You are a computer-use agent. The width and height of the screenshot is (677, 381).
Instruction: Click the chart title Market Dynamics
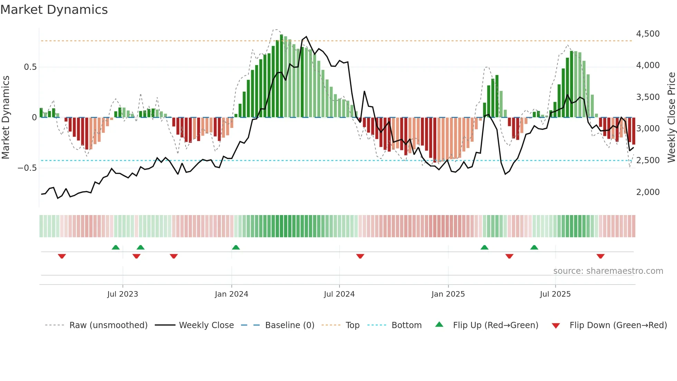tap(54, 10)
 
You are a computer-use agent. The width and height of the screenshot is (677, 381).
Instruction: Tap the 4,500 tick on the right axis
tap(648, 34)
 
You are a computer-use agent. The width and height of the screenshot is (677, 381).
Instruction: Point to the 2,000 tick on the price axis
tap(648, 192)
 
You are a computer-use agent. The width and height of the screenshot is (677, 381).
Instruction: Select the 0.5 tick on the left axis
tap(30, 67)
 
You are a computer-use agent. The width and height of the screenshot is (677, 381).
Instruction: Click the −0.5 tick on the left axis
tap(27, 168)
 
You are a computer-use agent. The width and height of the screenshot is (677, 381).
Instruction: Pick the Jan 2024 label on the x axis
tap(231, 294)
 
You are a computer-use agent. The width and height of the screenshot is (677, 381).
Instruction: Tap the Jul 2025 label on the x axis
tap(555, 294)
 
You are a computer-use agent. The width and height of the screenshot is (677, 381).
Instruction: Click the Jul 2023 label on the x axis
tap(123, 294)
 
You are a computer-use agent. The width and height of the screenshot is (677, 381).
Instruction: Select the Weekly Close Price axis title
tap(671, 118)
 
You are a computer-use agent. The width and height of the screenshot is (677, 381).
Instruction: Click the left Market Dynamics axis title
tap(6, 118)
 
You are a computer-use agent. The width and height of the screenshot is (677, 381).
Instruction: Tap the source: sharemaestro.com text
tap(608, 271)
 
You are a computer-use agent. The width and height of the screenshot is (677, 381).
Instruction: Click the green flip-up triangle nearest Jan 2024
tap(236, 248)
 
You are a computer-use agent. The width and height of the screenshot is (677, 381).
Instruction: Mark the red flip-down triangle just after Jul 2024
tap(360, 256)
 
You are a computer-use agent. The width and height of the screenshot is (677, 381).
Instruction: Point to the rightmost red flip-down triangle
tap(600, 256)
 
